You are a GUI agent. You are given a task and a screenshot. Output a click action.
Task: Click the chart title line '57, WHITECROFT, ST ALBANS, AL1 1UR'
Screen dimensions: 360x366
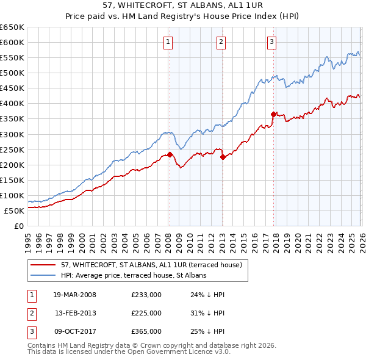[183, 5]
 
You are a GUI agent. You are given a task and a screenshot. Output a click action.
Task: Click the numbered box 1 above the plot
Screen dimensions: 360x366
[168, 42]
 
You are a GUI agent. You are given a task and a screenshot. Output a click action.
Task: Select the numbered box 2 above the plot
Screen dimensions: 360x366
[221, 42]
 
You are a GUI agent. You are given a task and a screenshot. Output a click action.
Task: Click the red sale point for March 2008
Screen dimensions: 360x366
[170, 154]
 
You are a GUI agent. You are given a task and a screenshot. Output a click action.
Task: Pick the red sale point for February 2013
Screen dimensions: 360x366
[223, 157]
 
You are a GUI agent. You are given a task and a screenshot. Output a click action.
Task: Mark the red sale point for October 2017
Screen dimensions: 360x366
[273, 113]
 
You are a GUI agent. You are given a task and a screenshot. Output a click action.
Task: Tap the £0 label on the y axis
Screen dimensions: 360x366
[18, 226]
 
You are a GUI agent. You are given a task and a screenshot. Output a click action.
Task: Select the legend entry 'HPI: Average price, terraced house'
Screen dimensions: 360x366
[134, 275]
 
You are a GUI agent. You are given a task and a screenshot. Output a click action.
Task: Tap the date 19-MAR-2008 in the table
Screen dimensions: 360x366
[74, 295]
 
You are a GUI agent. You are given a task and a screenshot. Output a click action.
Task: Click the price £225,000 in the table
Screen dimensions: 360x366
[146, 313]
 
